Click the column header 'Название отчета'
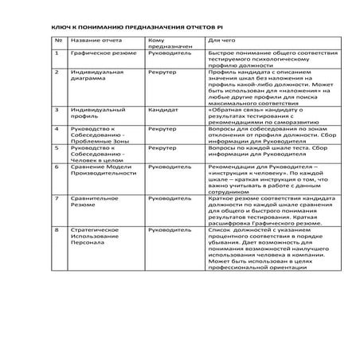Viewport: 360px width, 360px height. point(93,39)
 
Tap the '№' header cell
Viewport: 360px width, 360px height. point(57,39)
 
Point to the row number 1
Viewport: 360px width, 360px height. point(57,54)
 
